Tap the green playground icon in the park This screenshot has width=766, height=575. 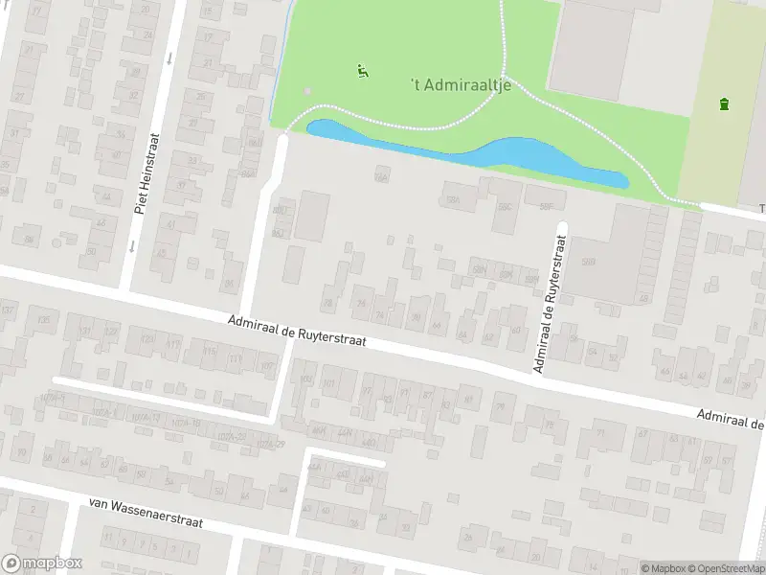point(362,70)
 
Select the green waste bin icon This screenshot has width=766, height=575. point(724,103)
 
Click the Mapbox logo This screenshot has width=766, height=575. point(42,563)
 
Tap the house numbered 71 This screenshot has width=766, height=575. point(602,433)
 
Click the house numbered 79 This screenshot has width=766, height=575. point(499,407)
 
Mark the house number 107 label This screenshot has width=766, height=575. point(267,367)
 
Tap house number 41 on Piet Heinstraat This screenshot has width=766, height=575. point(171,223)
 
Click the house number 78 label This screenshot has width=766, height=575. point(328,303)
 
